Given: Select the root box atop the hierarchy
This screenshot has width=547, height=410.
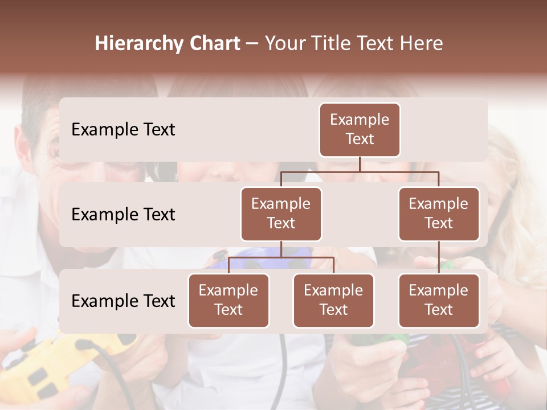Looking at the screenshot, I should tap(360, 129).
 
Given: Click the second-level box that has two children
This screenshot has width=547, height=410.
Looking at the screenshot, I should tap(281, 214).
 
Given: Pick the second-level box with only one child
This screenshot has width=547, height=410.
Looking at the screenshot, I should tap(439, 214).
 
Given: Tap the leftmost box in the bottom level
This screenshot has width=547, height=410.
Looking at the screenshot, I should tap(228, 300).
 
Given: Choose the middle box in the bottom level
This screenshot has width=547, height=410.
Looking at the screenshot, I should tap(333, 300).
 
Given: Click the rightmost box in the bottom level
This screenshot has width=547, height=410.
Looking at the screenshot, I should tap(439, 300).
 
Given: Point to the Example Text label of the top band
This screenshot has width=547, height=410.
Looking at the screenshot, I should tap(123, 129).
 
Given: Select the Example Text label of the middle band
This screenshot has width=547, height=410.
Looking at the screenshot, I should tap(123, 214).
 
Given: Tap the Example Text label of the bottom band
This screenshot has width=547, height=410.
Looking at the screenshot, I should tap(123, 301).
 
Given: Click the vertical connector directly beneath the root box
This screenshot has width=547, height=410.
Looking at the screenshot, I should tap(360, 164).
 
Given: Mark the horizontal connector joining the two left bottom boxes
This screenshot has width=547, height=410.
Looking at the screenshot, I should tap(281, 257).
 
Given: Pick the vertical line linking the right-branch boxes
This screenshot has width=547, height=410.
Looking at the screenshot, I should tap(439, 257).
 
